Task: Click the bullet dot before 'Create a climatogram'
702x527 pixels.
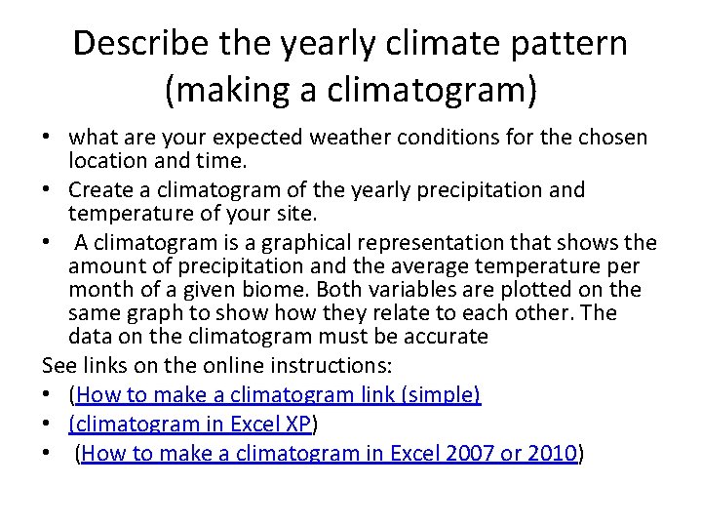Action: (x=49, y=188)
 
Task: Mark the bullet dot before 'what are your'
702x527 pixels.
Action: (x=49, y=138)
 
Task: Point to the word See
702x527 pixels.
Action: (x=60, y=366)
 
